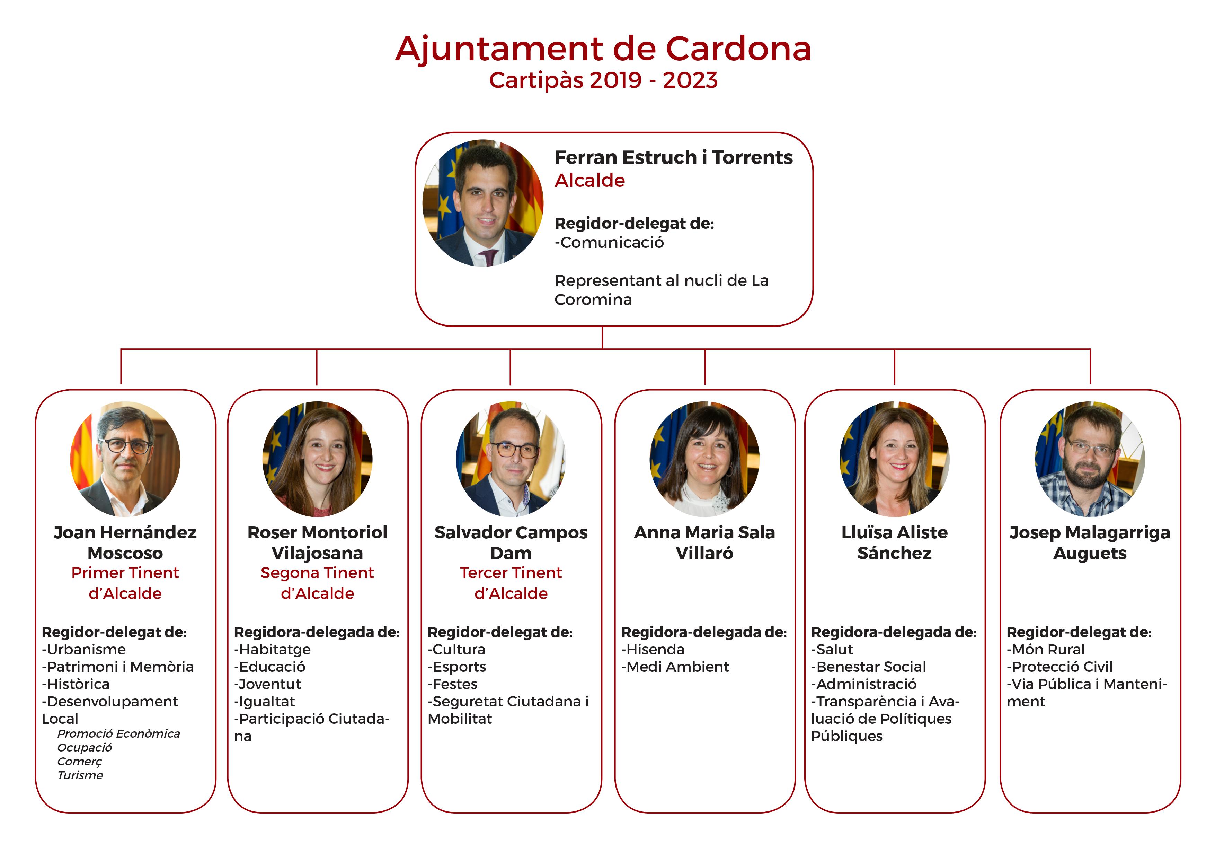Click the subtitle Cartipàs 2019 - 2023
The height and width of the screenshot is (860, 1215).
coord(603,80)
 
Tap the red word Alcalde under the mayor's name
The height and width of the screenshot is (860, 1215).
coord(589,181)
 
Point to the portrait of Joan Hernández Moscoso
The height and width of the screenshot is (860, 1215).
coord(125,459)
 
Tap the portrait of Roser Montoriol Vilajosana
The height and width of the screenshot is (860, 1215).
coord(318,459)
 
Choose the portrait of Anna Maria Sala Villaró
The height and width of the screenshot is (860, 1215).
coord(705,459)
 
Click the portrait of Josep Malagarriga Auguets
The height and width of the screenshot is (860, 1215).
coord(1090,459)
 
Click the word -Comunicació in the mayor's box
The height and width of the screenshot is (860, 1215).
coord(609,243)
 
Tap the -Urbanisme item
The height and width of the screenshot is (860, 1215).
coord(83,649)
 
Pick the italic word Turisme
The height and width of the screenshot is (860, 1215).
coord(80,775)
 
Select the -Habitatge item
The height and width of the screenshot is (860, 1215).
coord(273,650)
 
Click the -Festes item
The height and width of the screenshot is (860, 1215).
coord(452,684)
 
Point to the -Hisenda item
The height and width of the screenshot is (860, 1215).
coord(653,649)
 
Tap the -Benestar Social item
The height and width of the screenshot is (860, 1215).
coord(868,667)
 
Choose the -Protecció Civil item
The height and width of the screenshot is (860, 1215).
coord(1059,667)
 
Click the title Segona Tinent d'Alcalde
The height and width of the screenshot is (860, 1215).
coord(318,583)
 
